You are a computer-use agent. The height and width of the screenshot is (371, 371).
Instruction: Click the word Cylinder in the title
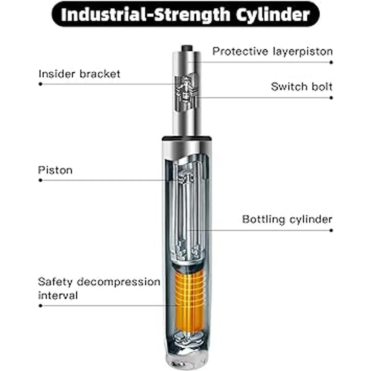coord(273,15)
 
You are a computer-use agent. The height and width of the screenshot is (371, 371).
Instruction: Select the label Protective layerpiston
coord(272,52)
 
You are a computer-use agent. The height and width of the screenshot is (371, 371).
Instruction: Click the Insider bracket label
coord(79,74)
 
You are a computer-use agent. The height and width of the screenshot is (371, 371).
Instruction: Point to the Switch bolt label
coord(302,87)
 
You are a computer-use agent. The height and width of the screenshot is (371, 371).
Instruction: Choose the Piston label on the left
coord(55,170)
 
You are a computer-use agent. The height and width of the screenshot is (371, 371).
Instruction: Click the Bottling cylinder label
coord(287,219)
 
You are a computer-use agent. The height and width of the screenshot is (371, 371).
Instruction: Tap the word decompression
coord(119,282)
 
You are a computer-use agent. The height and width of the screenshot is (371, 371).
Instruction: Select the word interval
coord(58,296)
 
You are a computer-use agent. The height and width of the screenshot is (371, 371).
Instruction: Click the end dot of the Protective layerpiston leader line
coord(331,62)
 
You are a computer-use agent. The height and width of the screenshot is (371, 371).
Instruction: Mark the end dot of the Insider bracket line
coord(41,84)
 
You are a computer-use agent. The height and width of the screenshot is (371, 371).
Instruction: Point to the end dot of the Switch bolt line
coord(331,98)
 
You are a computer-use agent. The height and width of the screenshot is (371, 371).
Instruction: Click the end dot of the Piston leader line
coord(41,180)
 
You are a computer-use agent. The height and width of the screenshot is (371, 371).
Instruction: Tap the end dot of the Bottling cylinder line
coord(331,230)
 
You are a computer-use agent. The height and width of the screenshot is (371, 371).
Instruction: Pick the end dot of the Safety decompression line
coord(41,305)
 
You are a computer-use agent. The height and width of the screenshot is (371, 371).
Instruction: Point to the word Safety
coord(55,282)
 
